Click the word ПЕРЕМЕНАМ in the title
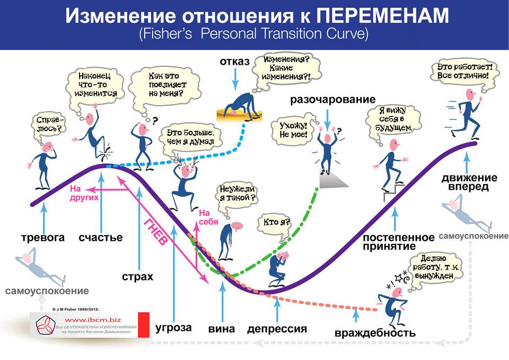pyautogui.click(x=383, y=15)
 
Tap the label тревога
pyautogui.click(x=43, y=238)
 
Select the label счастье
pyautogui.click(x=101, y=238)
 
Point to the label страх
pyautogui.click(x=137, y=277)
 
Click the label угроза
pyautogui.click(x=173, y=328)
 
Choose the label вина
pyautogui.click(x=222, y=329)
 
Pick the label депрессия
pyautogui.click(x=277, y=329)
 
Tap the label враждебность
pyautogui.click(x=375, y=333)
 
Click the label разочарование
pyautogui.click(x=333, y=99)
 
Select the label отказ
pyautogui.click(x=235, y=62)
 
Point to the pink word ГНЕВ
pyautogui.click(x=156, y=232)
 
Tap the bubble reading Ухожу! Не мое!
pyautogui.click(x=293, y=129)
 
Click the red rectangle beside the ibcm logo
pyautogui.click(x=144, y=325)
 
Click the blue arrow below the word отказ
pyautogui.click(x=235, y=79)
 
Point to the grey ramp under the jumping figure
pyautogui.click(x=334, y=181)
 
